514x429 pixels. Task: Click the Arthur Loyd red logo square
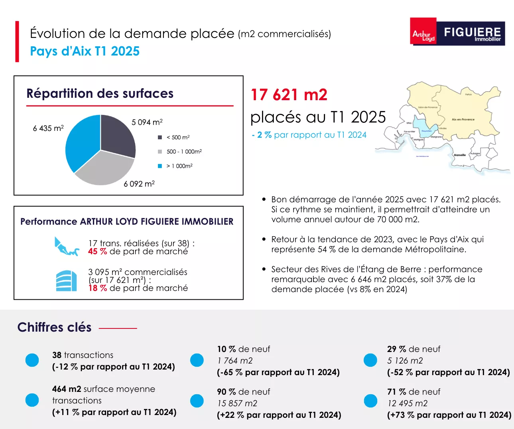click(423, 31)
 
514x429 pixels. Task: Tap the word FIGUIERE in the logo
click(472, 32)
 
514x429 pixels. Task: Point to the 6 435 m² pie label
click(48, 128)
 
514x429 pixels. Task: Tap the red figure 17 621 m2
click(289, 95)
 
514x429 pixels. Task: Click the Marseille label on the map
click(460, 155)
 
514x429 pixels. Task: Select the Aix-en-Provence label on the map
click(463, 119)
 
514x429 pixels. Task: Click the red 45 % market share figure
click(97, 251)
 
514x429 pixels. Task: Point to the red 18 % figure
click(97, 288)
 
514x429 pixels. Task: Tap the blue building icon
click(66, 281)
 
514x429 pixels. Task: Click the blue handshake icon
click(66, 247)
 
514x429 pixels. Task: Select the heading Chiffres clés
click(55, 327)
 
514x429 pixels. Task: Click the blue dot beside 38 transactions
click(32, 360)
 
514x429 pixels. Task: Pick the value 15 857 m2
click(237, 403)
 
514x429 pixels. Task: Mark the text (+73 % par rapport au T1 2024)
click(449, 415)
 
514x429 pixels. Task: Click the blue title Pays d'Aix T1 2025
click(85, 51)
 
